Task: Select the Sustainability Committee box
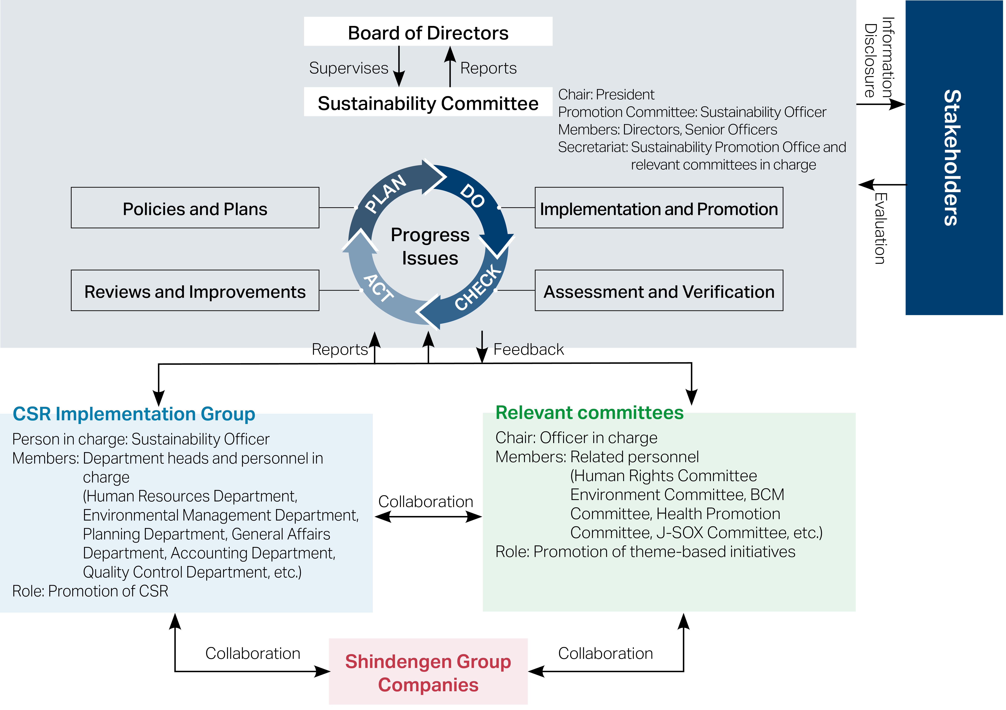click(x=428, y=102)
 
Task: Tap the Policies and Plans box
click(x=195, y=208)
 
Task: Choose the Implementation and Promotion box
click(x=659, y=208)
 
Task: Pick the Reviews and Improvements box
click(x=195, y=291)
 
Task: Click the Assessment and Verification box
click(x=659, y=291)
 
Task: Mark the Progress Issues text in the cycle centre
click(x=430, y=246)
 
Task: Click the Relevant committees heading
click(x=589, y=412)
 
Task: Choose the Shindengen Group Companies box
click(x=428, y=672)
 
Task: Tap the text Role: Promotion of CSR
click(x=90, y=591)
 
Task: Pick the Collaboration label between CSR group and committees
click(x=425, y=502)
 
